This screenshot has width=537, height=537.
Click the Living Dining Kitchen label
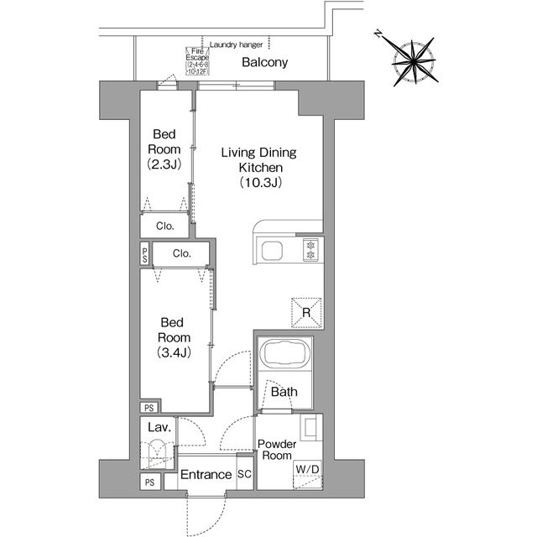point(259,167)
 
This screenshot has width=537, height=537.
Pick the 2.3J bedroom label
point(164,149)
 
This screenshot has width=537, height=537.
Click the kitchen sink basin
point(274,251)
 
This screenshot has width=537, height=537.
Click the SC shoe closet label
point(245,475)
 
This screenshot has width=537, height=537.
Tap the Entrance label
point(207,476)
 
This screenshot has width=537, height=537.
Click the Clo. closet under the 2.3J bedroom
point(165,225)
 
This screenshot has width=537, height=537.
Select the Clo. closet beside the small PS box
point(182,253)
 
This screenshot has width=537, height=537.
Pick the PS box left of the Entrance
point(149,482)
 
